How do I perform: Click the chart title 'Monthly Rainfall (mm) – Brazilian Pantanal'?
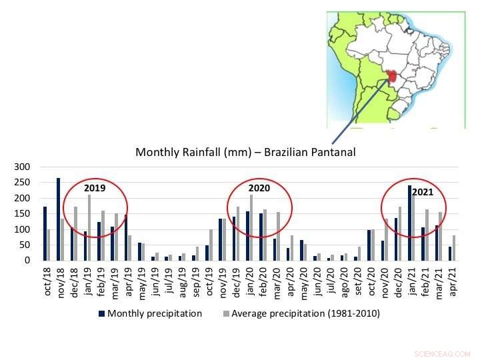[x=245, y=152]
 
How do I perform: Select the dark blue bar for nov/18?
[x=59, y=219]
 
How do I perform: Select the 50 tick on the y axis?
[x=26, y=245]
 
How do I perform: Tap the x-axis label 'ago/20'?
[x=343, y=283]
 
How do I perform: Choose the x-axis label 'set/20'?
[x=357, y=283]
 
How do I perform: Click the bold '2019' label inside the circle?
[x=95, y=188]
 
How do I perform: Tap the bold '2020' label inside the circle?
[x=259, y=188]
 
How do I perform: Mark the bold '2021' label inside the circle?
[x=422, y=192]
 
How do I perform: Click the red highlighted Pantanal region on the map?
[x=392, y=75]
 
